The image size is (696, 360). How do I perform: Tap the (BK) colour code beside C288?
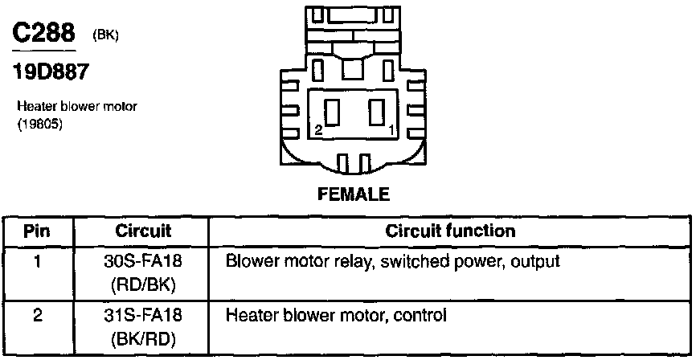pyautogui.click(x=105, y=35)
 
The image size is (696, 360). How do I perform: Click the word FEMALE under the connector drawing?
pyautogui.click(x=348, y=194)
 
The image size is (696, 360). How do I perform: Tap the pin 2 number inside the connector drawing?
pyautogui.click(x=318, y=129)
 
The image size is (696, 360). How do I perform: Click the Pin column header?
pyautogui.click(x=37, y=231)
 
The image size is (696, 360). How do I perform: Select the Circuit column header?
pyautogui.click(x=140, y=231)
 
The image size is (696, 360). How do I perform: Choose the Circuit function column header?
pyautogui.click(x=450, y=231)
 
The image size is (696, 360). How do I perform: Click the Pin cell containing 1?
pyautogui.click(x=37, y=261)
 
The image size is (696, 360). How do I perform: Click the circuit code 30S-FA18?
pyautogui.click(x=140, y=261)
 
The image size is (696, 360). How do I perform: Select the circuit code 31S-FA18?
pyautogui.click(x=140, y=314)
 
